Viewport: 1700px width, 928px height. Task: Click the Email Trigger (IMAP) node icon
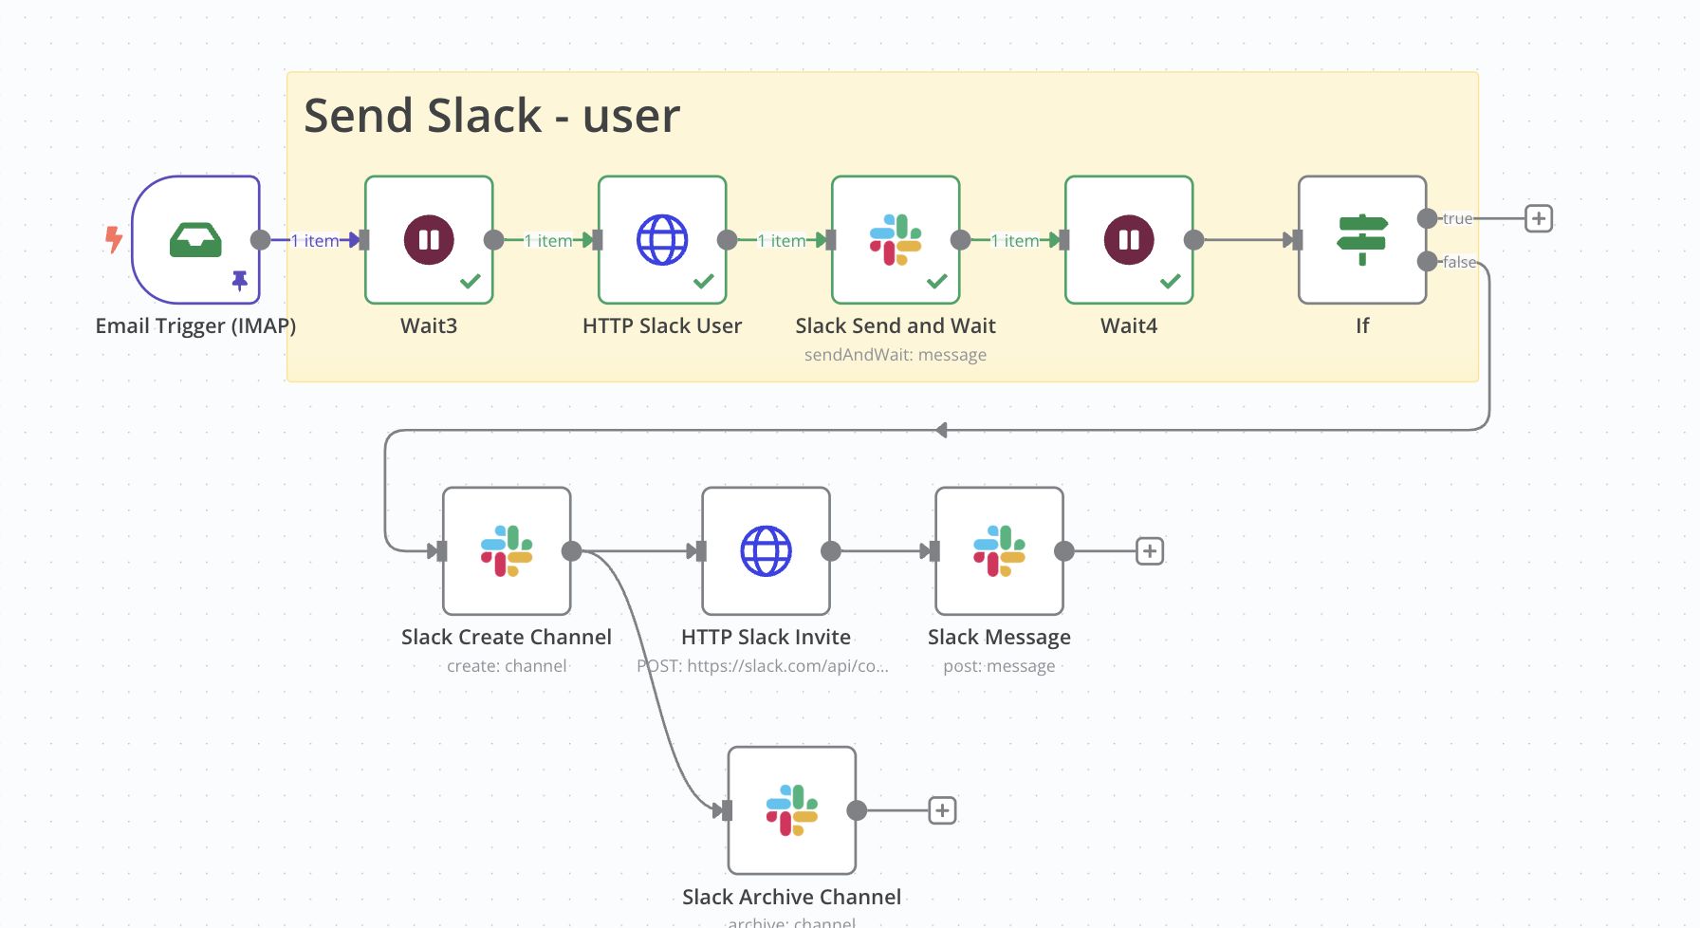(x=195, y=239)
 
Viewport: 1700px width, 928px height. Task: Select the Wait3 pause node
(x=429, y=239)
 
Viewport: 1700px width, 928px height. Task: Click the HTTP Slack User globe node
(x=662, y=239)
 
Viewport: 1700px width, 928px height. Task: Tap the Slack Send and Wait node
(x=896, y=239)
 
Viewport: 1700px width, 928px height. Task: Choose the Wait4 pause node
(x=1129, y=239)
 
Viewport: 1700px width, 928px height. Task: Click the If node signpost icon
(x=1362, y=239)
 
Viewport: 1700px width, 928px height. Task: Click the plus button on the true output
(x=1539, y=218)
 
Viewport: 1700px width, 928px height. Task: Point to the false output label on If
(x=1459, y=262)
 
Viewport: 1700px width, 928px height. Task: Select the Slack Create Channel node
(x=507, y=550)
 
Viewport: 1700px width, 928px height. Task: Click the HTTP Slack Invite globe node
(x=766, y=550)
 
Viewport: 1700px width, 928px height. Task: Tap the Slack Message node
(x=999, y=550)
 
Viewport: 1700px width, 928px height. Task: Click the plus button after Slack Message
(x=1150, y=550)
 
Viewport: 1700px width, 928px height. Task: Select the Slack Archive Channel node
(x=792, y=809)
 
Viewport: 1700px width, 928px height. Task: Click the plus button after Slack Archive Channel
(x=942, y=810)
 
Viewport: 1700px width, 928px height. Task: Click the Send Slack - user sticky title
(x=491, y=116)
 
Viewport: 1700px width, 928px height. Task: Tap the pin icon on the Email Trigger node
(x=240, y=280)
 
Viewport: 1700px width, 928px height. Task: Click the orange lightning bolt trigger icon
(x=114, y=238)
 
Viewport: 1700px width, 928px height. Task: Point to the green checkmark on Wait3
(x=471, y=281)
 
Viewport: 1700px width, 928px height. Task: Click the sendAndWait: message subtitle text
(x=896, y=355)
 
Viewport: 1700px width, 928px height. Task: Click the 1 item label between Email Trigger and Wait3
(x=315, y=241)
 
